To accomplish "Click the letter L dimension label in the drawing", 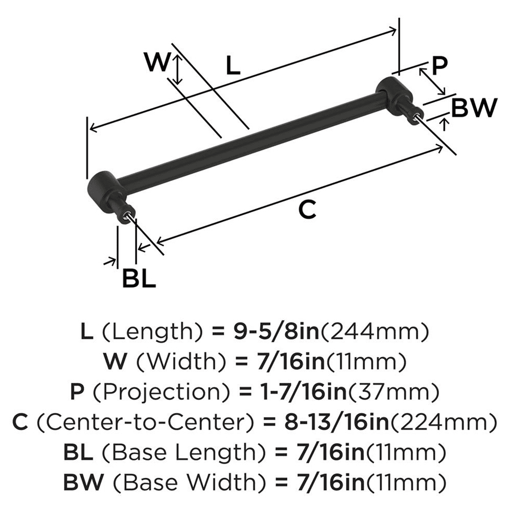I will (233, 66).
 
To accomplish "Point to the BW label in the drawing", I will (474, 108).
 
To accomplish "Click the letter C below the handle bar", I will (308, 210).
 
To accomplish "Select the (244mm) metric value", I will (374, 333).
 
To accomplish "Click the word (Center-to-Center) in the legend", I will (146, 423).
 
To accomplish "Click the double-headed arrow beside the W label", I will (177, 70).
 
